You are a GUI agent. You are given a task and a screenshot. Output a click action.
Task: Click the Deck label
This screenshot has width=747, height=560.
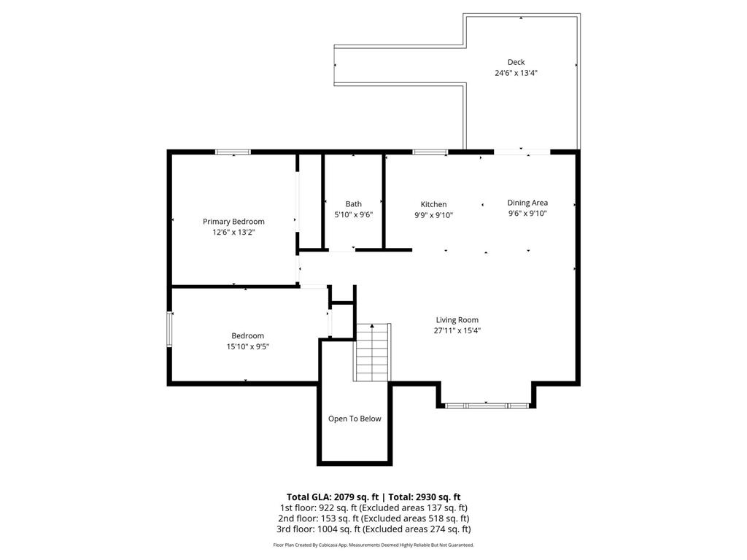(516, 62)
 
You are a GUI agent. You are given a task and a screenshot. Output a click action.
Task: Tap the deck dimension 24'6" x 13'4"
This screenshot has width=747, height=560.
(516, 73)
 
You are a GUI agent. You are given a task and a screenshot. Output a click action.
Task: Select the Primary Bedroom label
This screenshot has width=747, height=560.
(233, 222)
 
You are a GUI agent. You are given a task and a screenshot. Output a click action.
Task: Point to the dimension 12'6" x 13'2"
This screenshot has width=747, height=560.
(233, 232)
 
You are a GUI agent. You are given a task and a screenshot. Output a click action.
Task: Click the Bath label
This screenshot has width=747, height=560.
(353, 204)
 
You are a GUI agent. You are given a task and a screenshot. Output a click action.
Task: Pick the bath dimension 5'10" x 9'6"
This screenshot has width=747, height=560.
(353, 214)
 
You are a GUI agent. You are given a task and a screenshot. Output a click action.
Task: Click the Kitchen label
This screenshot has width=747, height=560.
(433, 204)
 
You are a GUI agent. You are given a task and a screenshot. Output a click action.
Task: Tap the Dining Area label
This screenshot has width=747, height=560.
(527, 203)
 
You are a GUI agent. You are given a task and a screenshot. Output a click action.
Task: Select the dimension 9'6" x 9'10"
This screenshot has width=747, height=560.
(527, 214)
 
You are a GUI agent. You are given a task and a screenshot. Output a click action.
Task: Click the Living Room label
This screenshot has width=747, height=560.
(457, 320)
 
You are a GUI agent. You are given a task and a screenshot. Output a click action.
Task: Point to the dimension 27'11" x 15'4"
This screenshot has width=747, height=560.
(457, 330)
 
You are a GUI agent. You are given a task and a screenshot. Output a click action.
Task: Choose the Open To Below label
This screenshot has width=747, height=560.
(355, 419)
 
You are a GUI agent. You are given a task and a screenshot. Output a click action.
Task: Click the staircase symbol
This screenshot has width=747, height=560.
(373, 352)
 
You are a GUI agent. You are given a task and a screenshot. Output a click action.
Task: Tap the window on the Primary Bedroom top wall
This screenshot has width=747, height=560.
(233, 152)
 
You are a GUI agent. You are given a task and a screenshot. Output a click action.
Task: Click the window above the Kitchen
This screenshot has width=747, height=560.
(430, 152)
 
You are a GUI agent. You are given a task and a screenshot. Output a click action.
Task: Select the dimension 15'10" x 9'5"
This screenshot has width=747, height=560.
(245, 346)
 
